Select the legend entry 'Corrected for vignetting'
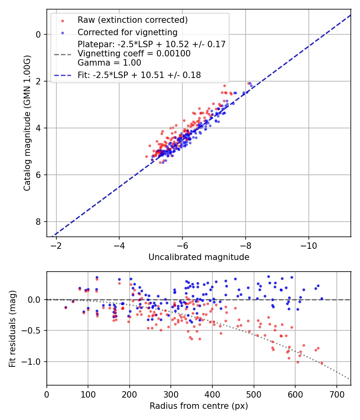(x=128, y=32)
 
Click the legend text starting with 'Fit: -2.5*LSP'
(x=139, y=74)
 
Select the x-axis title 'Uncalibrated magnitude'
(x=199, y=257)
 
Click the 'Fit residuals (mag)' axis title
(x=12, y=328)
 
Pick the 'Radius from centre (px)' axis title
(x=199, y=406)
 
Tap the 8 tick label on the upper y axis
(x=38, y=222)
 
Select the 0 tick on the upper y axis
(x=38, y=34)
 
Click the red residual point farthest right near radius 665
(x=322, y=363)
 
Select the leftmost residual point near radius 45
(x=66, y=307)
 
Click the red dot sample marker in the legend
(x=62, y=20)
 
